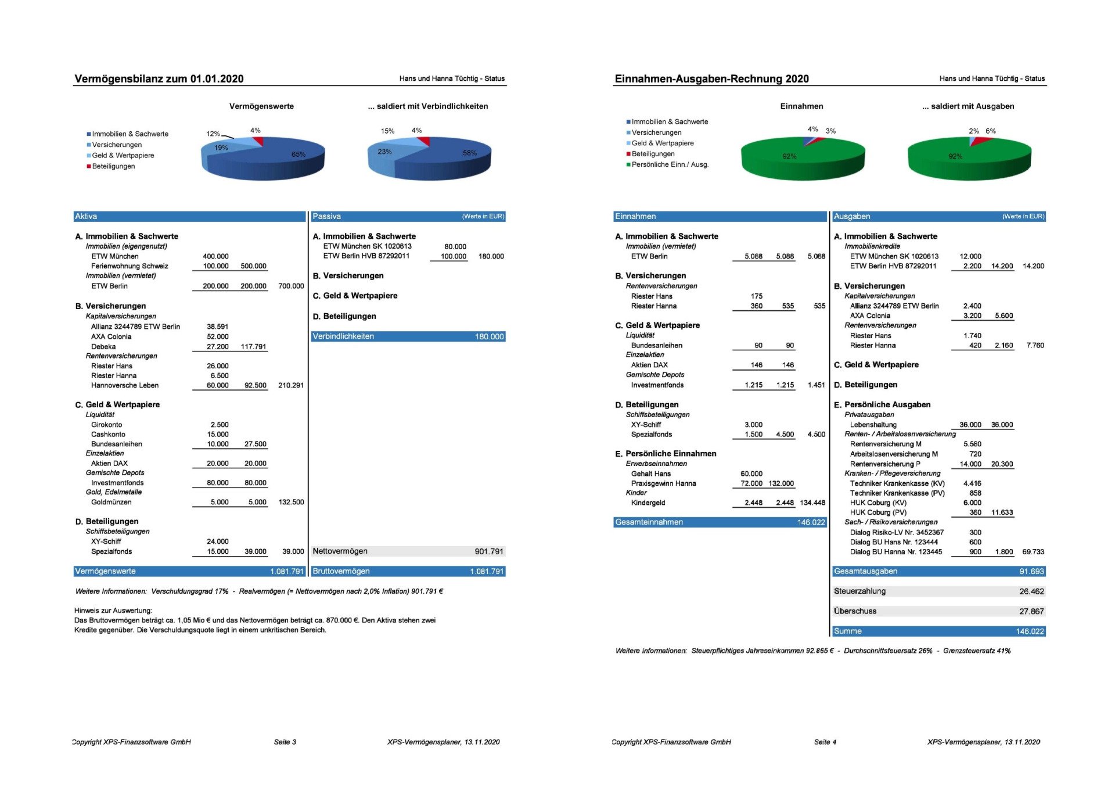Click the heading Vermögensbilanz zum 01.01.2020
159,79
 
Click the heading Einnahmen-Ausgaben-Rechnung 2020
711,79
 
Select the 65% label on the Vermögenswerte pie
298,155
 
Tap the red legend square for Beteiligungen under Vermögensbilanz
89,166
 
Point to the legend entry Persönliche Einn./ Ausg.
670,165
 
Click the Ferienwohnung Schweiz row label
130,266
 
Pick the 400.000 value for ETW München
215,256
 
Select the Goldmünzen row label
111,502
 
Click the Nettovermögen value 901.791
489,551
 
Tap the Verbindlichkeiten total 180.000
489,337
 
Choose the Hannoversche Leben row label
124,385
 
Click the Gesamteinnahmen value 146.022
811,522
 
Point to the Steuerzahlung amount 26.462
1031,591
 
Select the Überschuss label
855,611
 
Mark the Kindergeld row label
648,503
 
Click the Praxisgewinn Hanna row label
663,483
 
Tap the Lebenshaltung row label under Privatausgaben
873,425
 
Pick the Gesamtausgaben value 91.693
1031,572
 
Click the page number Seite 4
825,742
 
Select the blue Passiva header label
326,217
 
